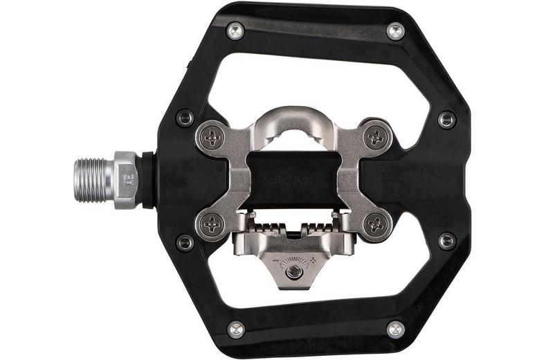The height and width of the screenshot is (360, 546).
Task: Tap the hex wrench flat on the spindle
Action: pyautogui.click(x=125, y=180)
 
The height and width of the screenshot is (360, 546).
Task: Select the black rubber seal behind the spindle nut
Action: pyautogui.click(x=147, y=180)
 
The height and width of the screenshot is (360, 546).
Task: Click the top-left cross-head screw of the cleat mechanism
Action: pyautogui.click(x=212, y=136)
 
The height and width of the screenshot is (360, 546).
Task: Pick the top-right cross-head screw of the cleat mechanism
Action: pyautogui.click(x=376, y=136)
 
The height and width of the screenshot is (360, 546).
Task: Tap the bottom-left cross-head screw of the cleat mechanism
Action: pyautogui.click(x=212, y=224)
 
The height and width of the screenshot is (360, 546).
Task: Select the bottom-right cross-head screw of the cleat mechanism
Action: pyautogui.click(x=376, y=224)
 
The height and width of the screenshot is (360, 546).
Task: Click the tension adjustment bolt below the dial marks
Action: pyautogui.click(x=294, y=271)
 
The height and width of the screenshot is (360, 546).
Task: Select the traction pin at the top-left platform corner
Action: pyautogui.click(x=235, y=30)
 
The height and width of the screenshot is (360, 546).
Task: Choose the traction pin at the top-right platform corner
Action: pyautogui.click(x=396, y=30)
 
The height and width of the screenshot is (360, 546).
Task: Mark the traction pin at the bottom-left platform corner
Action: pyautogui.click(x=235, y=329)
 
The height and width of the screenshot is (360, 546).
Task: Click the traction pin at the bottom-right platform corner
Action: pyautogui.click(x=396, y=329)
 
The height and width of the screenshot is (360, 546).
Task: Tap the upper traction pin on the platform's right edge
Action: pyautogui.click(x=447, y=119)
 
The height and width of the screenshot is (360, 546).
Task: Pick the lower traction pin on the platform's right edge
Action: pyautogui.click(x=447, y=241)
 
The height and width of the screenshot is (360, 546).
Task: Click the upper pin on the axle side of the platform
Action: pyautogui.click(x=185, y=118)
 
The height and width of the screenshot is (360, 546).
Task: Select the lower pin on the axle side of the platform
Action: pyautogui.click(x=185, y=242)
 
